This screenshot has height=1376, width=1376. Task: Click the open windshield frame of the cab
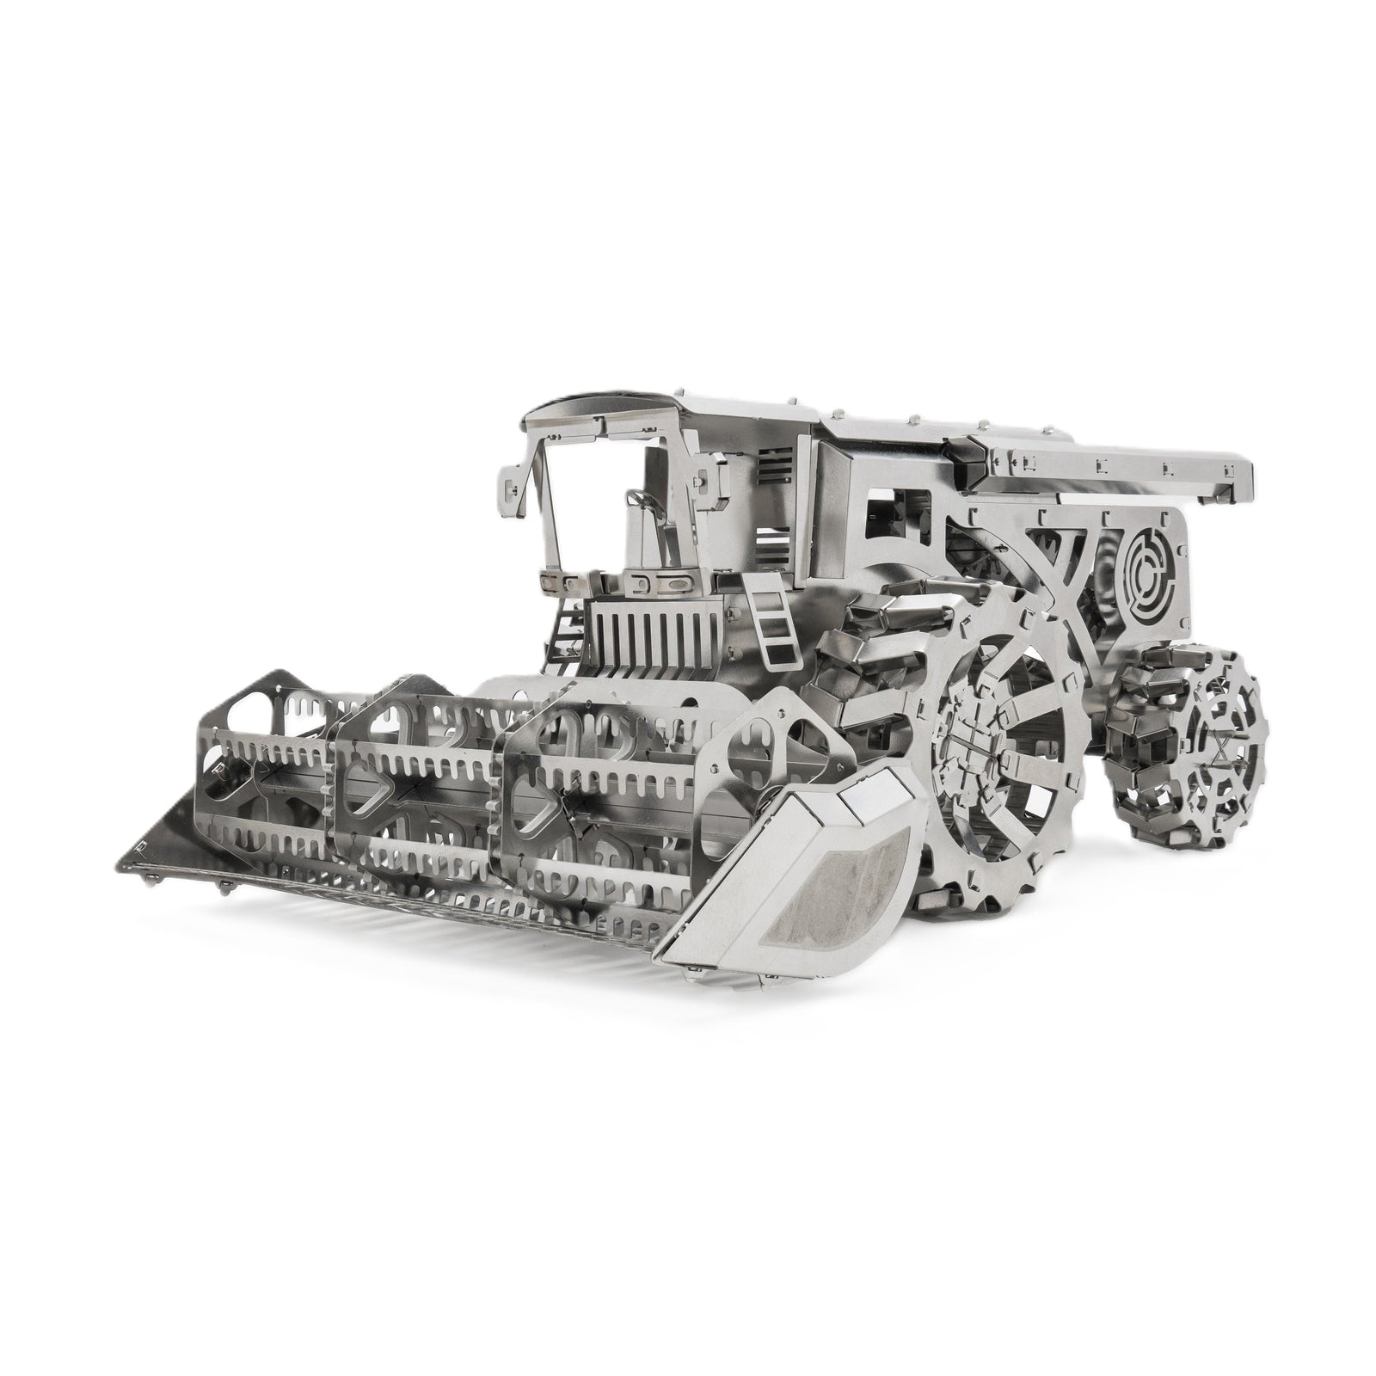pos(593,499)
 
